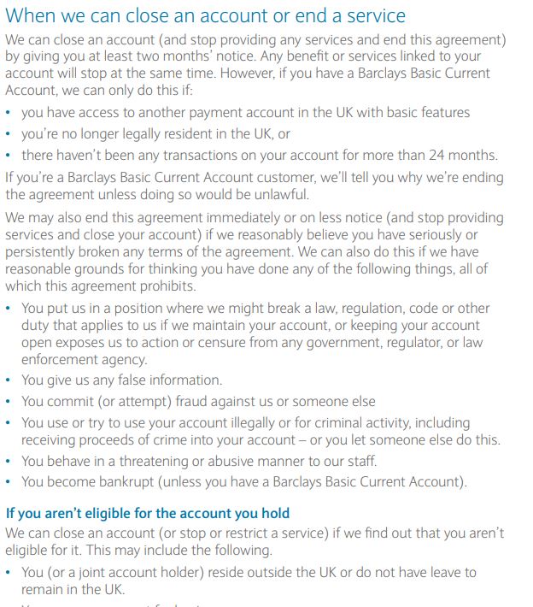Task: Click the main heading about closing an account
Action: pos(205,16)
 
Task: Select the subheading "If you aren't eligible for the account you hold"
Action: pos(148,513)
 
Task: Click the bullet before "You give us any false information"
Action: pos(9,380)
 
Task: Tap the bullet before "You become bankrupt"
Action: pos(9,482)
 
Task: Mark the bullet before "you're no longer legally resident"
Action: pos(9,134)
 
